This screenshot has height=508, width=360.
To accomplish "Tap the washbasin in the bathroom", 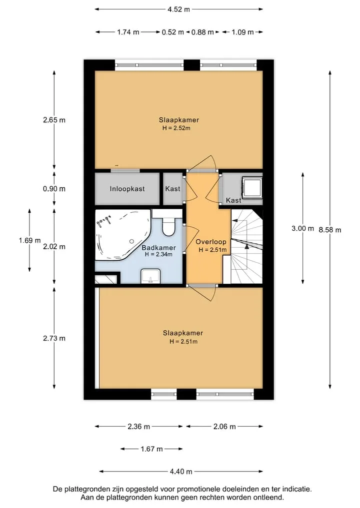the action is pos(150,276).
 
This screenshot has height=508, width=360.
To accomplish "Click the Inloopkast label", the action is pos(127,189).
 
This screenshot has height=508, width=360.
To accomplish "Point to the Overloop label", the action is pos(211,242).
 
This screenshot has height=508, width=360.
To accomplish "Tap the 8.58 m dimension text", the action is pos(330,230).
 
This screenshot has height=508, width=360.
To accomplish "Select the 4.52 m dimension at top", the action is pos(178,9).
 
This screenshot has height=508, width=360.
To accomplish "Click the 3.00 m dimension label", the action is pos(302,228).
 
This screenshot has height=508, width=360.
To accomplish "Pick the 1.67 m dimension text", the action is pos(151,449).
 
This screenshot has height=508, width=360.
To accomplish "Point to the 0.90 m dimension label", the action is pos(54,188).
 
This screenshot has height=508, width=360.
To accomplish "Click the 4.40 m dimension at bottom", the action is pos(181,472).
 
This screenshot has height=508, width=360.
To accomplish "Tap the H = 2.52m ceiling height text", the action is pos(176,128).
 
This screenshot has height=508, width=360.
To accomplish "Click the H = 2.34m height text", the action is pos(158,254).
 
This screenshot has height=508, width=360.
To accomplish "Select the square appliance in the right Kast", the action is pos(252,187).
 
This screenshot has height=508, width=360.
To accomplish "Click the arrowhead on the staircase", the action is pos(246,246).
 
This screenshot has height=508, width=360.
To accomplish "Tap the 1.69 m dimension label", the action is pos(30,240).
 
